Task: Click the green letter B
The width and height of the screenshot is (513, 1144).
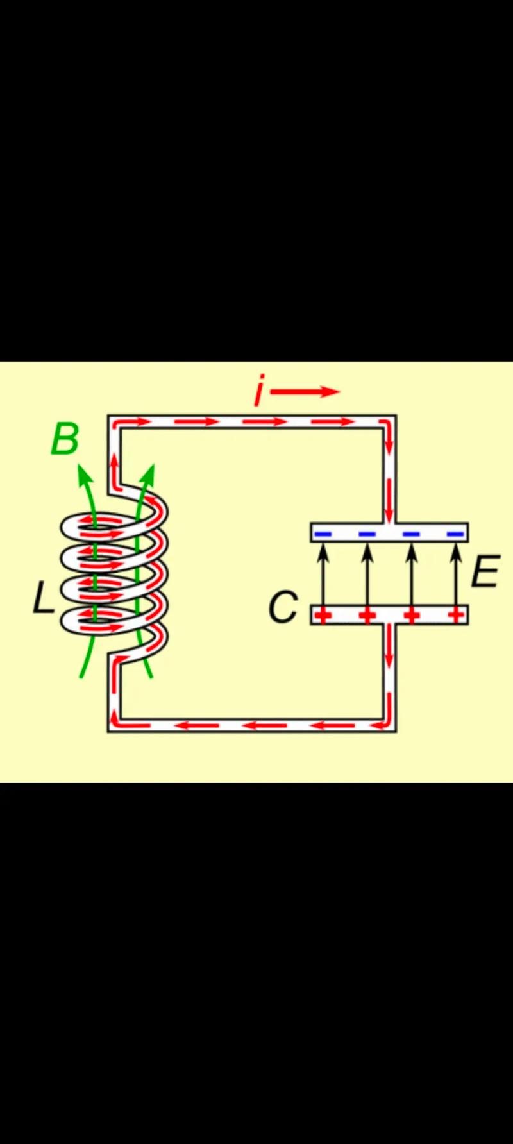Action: pyautogui.click(x=65, y=439)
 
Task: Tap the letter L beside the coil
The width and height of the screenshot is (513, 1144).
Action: pyautogui.click(x=43, y=600)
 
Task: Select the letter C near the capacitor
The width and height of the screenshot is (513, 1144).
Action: pyautogui.click(x=283, y=607)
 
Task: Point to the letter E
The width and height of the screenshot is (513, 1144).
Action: pyautogui.click(x=485, y=572)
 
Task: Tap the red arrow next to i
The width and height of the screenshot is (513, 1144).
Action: pyautogui.click(x=305, y=392)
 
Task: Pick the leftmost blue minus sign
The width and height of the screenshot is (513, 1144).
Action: pyautogui.click(x=323, y=534)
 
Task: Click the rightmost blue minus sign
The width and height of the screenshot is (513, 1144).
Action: pyautogui.click(x=455, y=534)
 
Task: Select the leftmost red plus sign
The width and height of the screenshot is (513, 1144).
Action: pyautogui.click(x=323, y=616)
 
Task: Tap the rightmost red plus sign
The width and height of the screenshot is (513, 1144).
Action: pyautogui.click(x=456, y=616)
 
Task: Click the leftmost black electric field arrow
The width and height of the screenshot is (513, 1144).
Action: pyautogui.click(x=323, y=574)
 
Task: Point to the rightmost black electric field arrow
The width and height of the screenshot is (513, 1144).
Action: pyautogui.click(x=456, y=574)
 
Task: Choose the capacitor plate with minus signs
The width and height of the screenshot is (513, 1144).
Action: pyautogui.click(x=389, y=532)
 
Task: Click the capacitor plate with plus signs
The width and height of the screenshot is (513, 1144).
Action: pyautogui.click(x=389, y=615)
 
